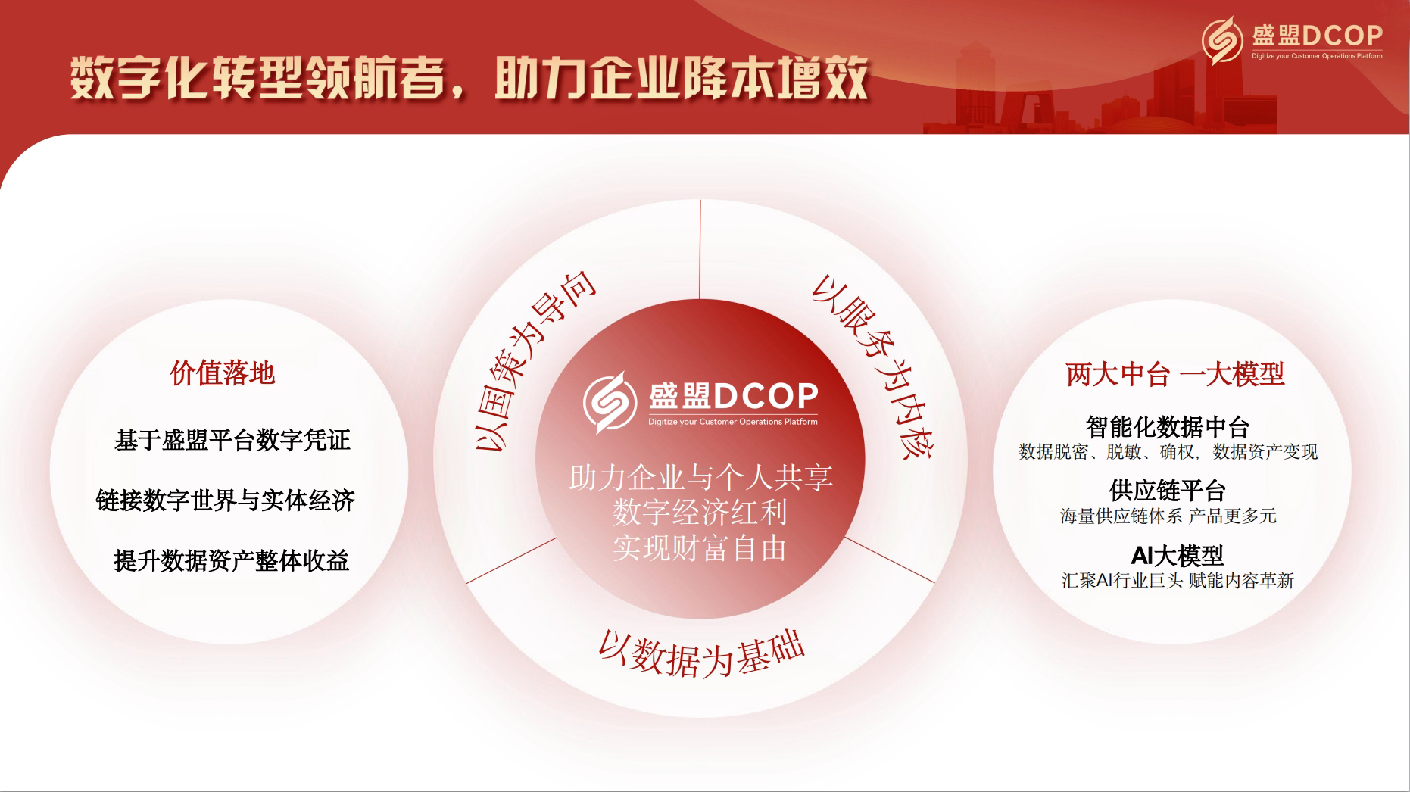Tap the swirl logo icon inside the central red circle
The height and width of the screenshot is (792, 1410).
click(x=610, y=402)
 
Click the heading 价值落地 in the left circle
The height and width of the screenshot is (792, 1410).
click(x=223, y=373)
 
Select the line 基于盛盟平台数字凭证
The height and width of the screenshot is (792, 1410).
click(x=232, y=440)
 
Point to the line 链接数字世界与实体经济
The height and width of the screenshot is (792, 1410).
click(x=226, y=500)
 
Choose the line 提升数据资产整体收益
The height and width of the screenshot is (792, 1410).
click(x=231, y=560)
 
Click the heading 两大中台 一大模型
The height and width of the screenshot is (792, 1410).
click(x=1174, y=374)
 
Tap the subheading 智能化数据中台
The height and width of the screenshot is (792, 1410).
click(x=1167, y=427)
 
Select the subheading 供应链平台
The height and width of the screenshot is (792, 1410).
click(x=1167, y=491)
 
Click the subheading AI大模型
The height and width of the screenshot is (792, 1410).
click(x=1177, y=556)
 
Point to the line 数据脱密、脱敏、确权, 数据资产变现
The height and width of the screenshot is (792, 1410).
click(x=1168, y=452)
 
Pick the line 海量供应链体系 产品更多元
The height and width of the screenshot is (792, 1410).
click(x=1168, y=516)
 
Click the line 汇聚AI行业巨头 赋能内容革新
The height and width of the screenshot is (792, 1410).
click(x=1178, y=581)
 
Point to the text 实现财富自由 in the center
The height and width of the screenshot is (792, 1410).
click(x=700, y=548)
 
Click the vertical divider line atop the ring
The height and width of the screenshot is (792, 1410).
click(x=700, y=249)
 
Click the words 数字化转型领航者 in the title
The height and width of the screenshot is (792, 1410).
click(x=256, y=79)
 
